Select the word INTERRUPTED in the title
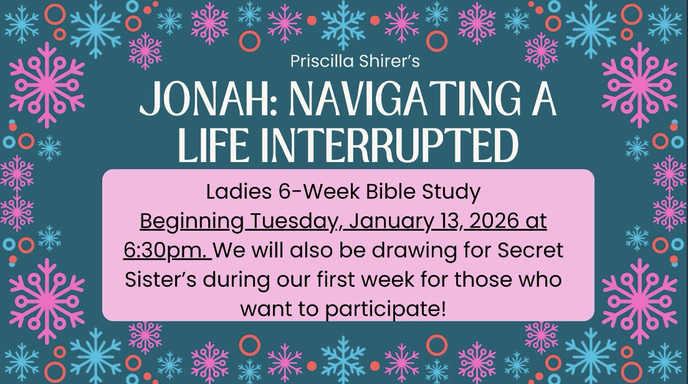[394, 145]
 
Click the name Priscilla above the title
[322, 61]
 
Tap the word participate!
[385, 309]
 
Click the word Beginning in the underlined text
[192, 221]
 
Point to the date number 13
[449, 221]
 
